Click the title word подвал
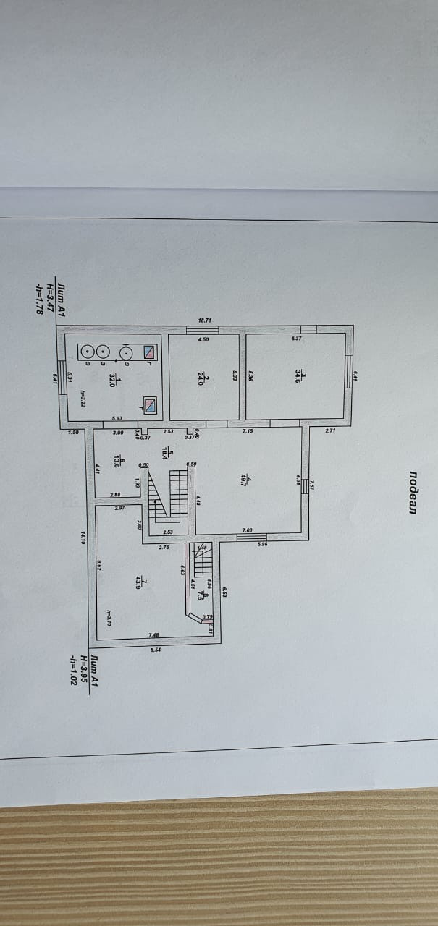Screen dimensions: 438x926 (x=412, y=492)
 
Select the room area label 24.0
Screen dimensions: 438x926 (x=204, y=381)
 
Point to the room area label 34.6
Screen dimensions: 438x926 (x=298, y=377)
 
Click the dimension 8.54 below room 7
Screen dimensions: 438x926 (x=154, y=650)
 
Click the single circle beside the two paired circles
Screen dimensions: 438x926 (x=126, y=353)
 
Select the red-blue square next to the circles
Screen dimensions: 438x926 (x=149, y=352)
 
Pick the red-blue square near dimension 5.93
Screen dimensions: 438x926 (x=149, y=405)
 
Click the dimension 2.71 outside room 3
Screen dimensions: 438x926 (x=329, y=431)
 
